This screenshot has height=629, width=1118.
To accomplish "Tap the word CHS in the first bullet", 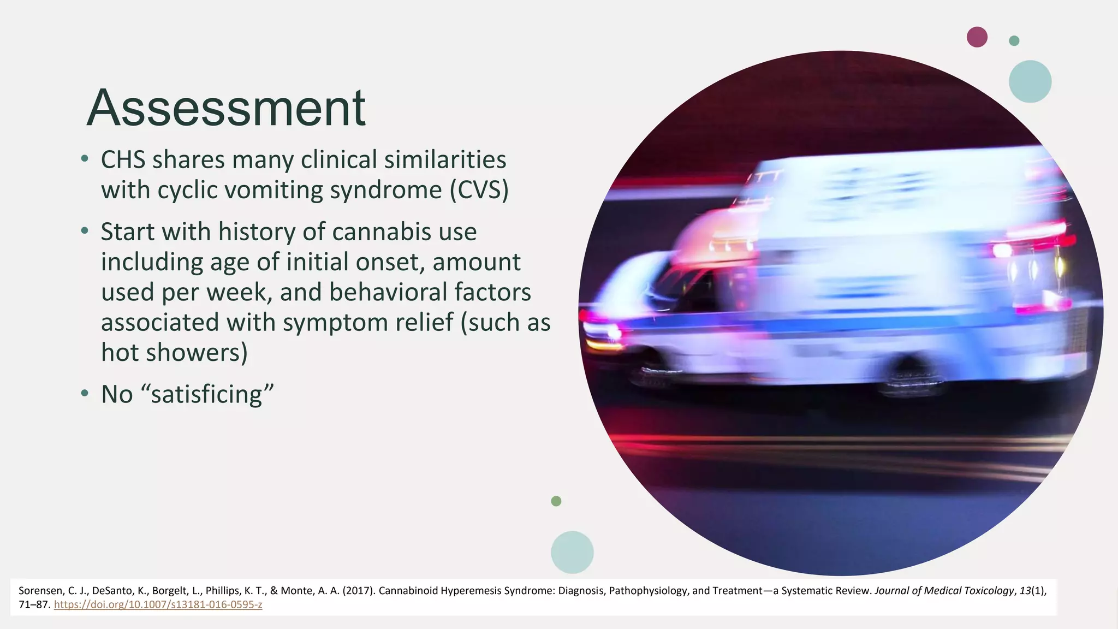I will point(123,160).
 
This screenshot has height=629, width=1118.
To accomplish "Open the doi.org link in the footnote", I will point(158,605).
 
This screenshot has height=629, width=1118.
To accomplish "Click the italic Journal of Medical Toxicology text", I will point(944,591).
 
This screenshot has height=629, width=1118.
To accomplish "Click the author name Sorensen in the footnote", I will point(40,591).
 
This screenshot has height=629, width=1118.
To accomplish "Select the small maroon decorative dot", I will point(977,37).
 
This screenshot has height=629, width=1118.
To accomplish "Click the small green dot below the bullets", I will point(556,501).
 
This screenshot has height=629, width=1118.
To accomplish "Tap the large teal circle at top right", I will point(1030,81).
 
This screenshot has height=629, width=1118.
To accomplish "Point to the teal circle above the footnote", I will point(572,552).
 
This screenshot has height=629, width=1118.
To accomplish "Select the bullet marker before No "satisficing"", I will point(84,394).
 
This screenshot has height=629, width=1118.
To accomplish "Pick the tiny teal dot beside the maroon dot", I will point(1014,41).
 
